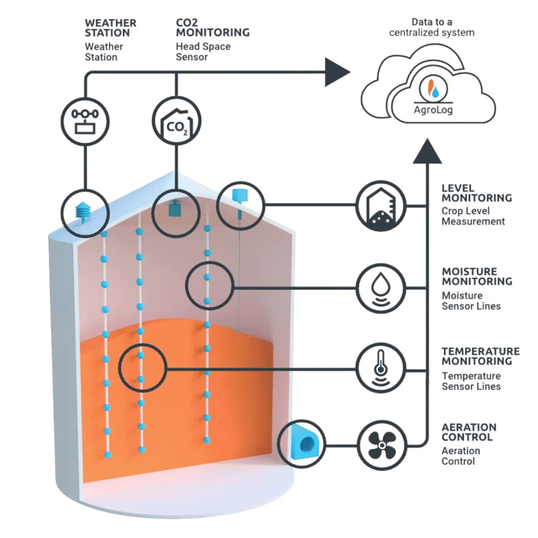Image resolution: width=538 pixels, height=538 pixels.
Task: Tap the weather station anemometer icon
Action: pyautogui.click(x=85, y=121)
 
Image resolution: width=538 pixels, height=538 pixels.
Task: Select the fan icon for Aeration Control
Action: pyautogui.click(x=382, y=445)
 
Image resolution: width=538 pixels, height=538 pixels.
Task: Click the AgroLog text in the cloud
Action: pyautogui.click(x=433, y=110)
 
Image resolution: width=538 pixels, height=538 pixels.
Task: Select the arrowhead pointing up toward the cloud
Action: pyautogui.click(x=427, y=151)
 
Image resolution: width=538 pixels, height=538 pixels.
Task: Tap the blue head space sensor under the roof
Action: pyautogui.click(x=175, y=208)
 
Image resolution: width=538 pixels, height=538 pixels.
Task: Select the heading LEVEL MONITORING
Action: pyautogui.click(x=477, y=193)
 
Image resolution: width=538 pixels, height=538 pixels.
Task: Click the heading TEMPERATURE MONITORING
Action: pyautogui.click(x=481, y=356)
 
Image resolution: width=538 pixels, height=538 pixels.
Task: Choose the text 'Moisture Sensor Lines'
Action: pyautogui.click(x=471, y=301)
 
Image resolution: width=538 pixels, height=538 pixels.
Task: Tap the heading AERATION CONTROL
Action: pyautogui.click(x=469, y=432)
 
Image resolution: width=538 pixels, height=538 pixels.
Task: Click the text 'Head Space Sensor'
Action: pyautogui.click(x=203, y=52)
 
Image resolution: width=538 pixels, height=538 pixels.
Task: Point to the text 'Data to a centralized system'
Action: pyautogui.click(x=432, y=27)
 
